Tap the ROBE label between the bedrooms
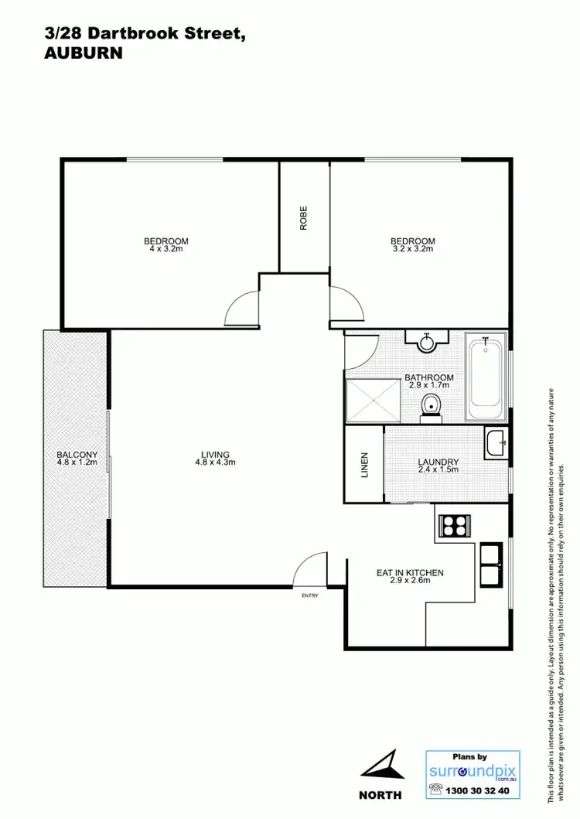coord(304,217)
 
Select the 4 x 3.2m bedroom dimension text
coord(166,249)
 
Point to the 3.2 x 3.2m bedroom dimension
coord(412,249)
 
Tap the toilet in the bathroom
coord(431,406)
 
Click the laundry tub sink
coord(496,442)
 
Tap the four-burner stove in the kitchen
coord(452,526)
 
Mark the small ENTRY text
coord(309,596)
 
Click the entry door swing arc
coord(310,571)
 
